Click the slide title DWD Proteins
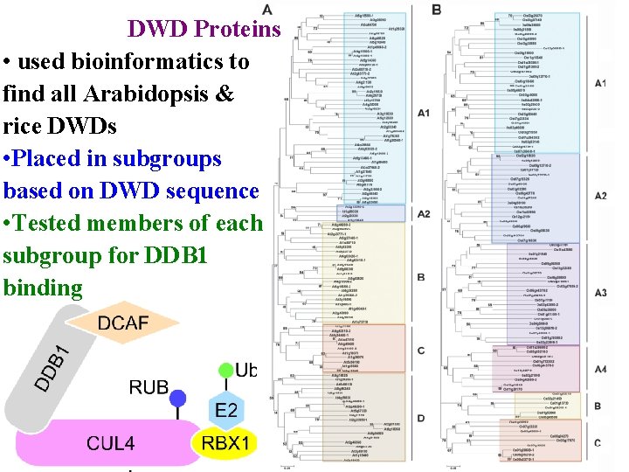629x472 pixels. click(x=204, y=29)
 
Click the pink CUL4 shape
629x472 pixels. click(x=110, y=442)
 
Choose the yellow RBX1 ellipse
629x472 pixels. click(x=225, y=442)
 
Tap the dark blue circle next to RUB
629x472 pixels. click(x=178, y=398)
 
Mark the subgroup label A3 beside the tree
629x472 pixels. click(x=599, y=292)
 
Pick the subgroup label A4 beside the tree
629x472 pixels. click(x=599, y=370)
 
